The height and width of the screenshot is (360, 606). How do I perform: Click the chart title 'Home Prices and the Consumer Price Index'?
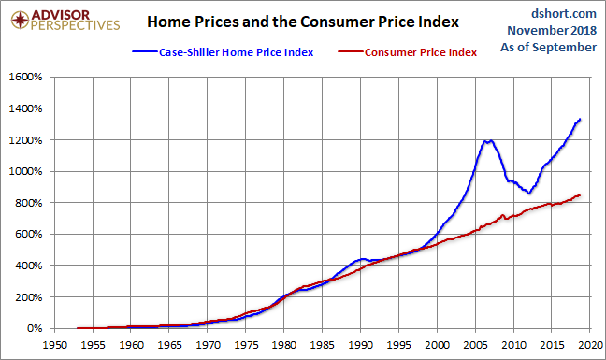[303, 22]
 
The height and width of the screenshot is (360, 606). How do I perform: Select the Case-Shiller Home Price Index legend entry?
[223, 52]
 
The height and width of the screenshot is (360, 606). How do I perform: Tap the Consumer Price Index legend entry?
[408, 52]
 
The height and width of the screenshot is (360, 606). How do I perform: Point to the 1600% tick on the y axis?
[25, 77]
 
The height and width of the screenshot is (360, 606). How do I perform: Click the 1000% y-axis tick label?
[25, 171]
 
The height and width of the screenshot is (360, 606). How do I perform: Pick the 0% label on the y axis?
[35, 328]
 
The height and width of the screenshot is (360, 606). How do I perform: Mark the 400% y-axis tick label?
[29, 266]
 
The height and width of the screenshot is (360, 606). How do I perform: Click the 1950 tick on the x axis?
[54, 344]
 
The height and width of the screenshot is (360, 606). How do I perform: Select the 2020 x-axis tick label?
[591, 344]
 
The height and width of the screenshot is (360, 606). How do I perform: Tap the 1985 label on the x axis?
[323, 344]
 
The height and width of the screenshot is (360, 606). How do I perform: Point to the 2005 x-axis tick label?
[476, 344]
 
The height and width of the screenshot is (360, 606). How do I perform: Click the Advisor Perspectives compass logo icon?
[20, 20]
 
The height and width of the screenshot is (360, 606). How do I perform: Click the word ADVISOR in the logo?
[61, 15]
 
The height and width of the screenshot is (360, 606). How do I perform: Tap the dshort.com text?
[564, 13]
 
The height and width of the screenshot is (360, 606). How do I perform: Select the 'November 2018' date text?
[552, 30]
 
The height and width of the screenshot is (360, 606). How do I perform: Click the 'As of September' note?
[548, 47]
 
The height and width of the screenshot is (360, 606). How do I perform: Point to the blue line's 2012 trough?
[528, 193]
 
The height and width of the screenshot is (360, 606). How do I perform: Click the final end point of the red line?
[580, 195]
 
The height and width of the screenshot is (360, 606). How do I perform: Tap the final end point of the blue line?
[580, 120]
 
